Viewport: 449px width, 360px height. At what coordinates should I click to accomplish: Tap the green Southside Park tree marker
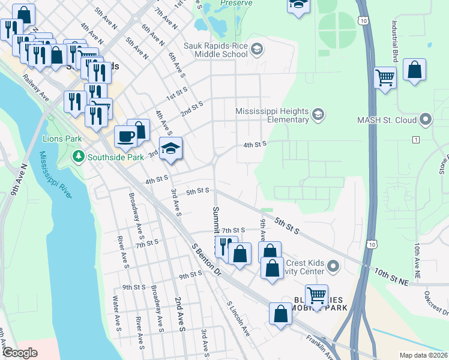click(x=78, y=157)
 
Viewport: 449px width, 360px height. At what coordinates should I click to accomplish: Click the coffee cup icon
click(x=125, y=136)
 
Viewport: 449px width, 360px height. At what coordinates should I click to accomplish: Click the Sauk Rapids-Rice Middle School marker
click(x=257, y=49)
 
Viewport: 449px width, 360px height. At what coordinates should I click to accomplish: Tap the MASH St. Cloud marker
click(x=426, y=119)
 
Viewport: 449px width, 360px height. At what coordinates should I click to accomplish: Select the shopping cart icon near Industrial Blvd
click(x=385, y=77)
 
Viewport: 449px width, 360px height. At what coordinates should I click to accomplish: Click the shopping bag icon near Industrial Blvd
click(x=415, y=70)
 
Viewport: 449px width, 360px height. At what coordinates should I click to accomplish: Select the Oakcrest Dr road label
click(x=436, y=304)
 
